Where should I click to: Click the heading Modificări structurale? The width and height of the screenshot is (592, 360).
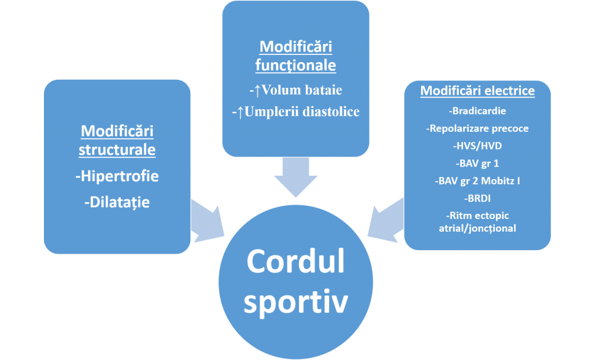coord(117,140)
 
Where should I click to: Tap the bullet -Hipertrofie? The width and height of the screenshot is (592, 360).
coord(117,176)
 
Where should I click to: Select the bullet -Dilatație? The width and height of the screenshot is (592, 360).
coord(117,202)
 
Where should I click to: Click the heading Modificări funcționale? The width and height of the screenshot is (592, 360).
coord(295,56)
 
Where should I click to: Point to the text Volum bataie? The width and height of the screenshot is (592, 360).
coord(302,90)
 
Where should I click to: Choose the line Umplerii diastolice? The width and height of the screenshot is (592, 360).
coord(302,112)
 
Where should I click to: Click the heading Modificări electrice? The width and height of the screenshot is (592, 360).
coord(478,91)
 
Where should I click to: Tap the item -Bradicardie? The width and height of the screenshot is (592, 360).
coord(478,111)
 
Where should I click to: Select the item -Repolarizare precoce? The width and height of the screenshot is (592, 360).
coord(478,128)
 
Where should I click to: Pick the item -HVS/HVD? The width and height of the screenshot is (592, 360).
coord(478,146)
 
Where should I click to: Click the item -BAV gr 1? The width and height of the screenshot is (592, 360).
coord(478,164)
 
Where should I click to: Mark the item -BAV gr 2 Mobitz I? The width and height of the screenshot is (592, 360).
coord(478,181)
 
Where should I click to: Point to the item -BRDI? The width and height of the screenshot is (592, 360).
coord(478,198)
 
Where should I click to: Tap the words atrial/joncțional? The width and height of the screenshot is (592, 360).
coord(478,228)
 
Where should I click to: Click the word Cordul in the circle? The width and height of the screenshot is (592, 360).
coord(295,261)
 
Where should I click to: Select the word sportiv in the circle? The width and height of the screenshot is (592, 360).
coord(295,302)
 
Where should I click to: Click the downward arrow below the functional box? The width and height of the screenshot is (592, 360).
coord(295,177)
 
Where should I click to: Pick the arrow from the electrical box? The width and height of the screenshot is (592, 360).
coord(386,221)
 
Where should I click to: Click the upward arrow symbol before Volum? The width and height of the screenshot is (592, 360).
coord(257,91)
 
